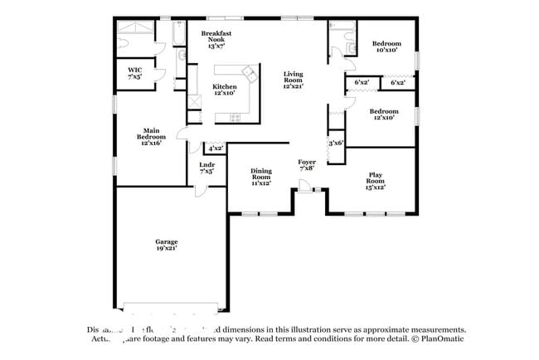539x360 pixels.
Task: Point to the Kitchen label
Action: click(x=224, y=87)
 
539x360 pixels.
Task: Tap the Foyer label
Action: click(x=308, y=163)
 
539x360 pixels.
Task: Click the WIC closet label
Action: click(x=134, y=70)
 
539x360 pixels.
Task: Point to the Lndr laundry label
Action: click(x=207, y=166)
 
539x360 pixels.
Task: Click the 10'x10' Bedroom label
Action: click(x=386, y=44)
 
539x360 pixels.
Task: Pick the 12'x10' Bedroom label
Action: click(x=384, y=112)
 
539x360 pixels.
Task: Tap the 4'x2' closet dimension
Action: click(x=216, y=148)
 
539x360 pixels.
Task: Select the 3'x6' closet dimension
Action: click(x=336, y=143)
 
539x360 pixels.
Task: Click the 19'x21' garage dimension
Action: click(x=166, y=248)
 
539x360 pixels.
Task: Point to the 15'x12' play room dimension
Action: click(x=376, y=187)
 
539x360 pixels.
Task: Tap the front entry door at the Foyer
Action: click(x=307, y=191)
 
